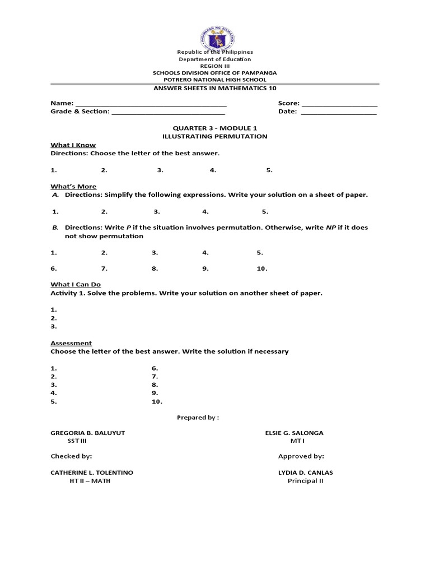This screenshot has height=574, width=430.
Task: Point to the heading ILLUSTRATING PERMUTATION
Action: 215,136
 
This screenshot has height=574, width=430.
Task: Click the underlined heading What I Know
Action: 69,145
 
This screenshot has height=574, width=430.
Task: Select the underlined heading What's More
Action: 73,186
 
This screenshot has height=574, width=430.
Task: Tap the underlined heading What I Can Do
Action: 76,284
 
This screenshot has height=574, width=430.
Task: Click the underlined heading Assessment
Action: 71,343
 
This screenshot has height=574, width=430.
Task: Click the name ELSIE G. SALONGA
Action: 294,433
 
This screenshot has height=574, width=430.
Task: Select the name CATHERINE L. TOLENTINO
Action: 92,473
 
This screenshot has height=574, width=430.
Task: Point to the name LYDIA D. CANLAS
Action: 306,473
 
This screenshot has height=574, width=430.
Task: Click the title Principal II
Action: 306,481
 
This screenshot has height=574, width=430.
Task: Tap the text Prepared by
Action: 198,417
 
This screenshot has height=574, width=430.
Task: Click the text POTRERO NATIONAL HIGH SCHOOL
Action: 215,80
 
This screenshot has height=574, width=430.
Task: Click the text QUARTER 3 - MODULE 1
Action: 215,128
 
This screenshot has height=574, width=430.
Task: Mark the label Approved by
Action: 301,456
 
